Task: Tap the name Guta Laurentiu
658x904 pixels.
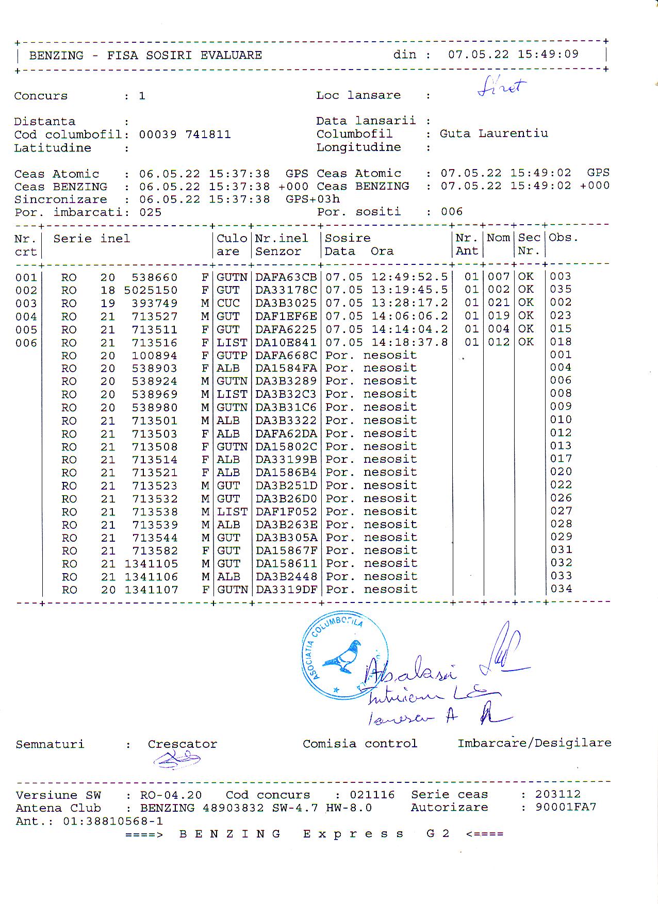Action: point(493,133)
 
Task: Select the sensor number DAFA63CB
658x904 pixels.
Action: point(286,277)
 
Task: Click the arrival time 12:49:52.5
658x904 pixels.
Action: point(409,277)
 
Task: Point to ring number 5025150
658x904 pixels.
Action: point(151,291)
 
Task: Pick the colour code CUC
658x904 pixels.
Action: point(228,304)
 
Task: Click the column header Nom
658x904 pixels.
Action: point(498,238)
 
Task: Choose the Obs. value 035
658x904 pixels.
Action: point(561,290)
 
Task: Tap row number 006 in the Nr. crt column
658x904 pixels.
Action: point(26,343)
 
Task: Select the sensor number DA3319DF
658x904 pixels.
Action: point(286,590)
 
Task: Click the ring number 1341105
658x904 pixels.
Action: point(151,564)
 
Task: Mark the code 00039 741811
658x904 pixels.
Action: point(185,135)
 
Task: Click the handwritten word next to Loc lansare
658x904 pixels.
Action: point(501,88)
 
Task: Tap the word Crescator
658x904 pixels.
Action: point(182,744)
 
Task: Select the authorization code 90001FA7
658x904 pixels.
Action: point(566,807)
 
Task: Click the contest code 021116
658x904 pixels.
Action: point(372,795)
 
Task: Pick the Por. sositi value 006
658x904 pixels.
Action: point(452,212)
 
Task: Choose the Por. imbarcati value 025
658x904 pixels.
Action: point(150,212)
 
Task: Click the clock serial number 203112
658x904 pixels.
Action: point(557,794)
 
